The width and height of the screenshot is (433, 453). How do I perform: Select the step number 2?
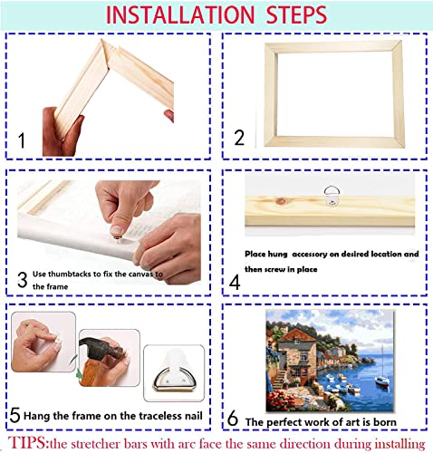tap(239, 138)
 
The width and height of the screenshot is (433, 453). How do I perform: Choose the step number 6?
tap(233, 419)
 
